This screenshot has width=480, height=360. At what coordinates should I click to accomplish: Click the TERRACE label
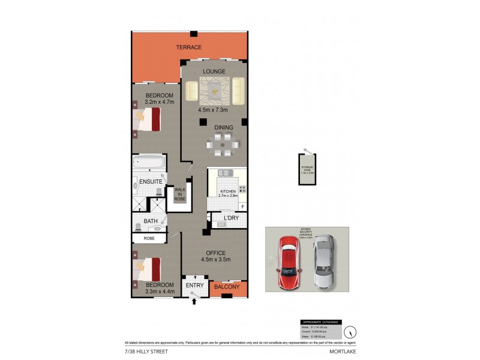coord(188,47)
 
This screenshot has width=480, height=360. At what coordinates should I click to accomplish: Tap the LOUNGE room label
coord(214,71)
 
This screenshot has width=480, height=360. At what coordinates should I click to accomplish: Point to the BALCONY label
coord(227,287)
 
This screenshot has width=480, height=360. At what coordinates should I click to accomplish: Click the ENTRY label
coord(194,285)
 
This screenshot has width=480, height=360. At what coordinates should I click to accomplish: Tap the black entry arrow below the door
coord(194,303)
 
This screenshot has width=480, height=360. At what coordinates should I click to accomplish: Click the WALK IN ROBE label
coord(180,194)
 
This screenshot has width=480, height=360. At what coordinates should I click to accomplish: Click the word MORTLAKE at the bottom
coord(343,350)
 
